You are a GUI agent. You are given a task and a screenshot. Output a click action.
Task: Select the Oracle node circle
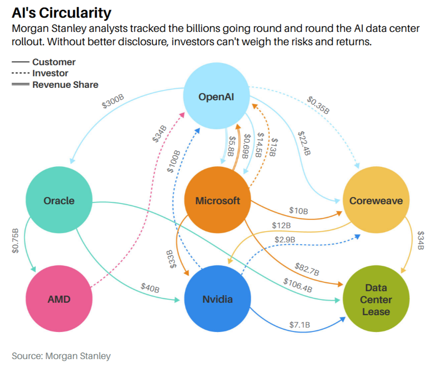tap(59, 201)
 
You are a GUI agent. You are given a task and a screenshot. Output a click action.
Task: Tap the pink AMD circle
tap(59, 299)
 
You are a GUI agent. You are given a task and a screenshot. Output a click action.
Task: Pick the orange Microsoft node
tap(217, 201)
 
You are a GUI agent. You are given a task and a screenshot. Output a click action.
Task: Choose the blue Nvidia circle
tap(217, 299)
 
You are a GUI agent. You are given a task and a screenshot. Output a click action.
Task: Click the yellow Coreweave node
tap(376, 201)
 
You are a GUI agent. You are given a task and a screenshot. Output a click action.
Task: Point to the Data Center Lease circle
tap(376, 300)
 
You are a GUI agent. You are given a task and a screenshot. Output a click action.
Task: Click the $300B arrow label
tap(113, 103)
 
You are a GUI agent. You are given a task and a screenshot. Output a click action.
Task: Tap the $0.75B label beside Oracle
tap(16, 241)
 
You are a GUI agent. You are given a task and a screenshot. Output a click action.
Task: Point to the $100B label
tap(173, 161)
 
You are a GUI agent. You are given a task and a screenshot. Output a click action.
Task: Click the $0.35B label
tap(318, 103)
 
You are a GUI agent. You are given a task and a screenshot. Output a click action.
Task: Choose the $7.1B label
tap(300, 325)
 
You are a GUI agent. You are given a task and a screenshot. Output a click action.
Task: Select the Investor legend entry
tap(50, 73)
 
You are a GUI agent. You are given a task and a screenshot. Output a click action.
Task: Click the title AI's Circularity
tap(61, 13)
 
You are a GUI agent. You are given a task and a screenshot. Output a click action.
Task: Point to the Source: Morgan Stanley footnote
tap(61, 355)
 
